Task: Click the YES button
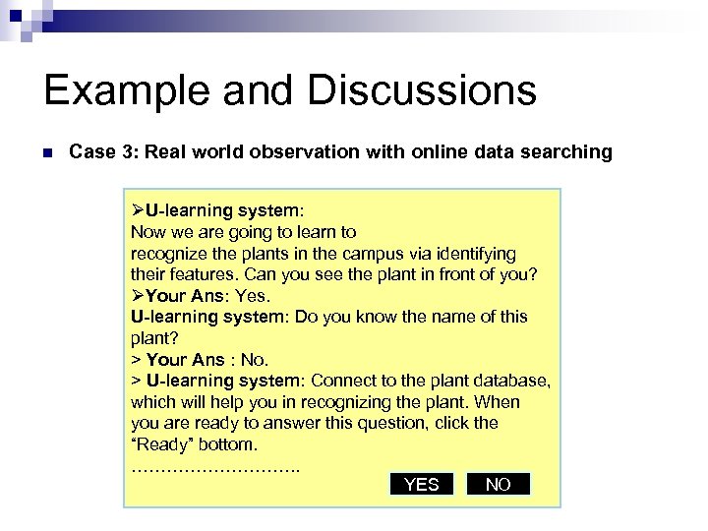click(x=422, y=484)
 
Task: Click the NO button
click(x=499, y=484)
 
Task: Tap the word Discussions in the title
click(x=422, y=90)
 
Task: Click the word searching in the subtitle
click(x=569, y=152)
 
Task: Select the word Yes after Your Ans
click(x=253, y=296)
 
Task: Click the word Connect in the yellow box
click(x=343, y=381)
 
